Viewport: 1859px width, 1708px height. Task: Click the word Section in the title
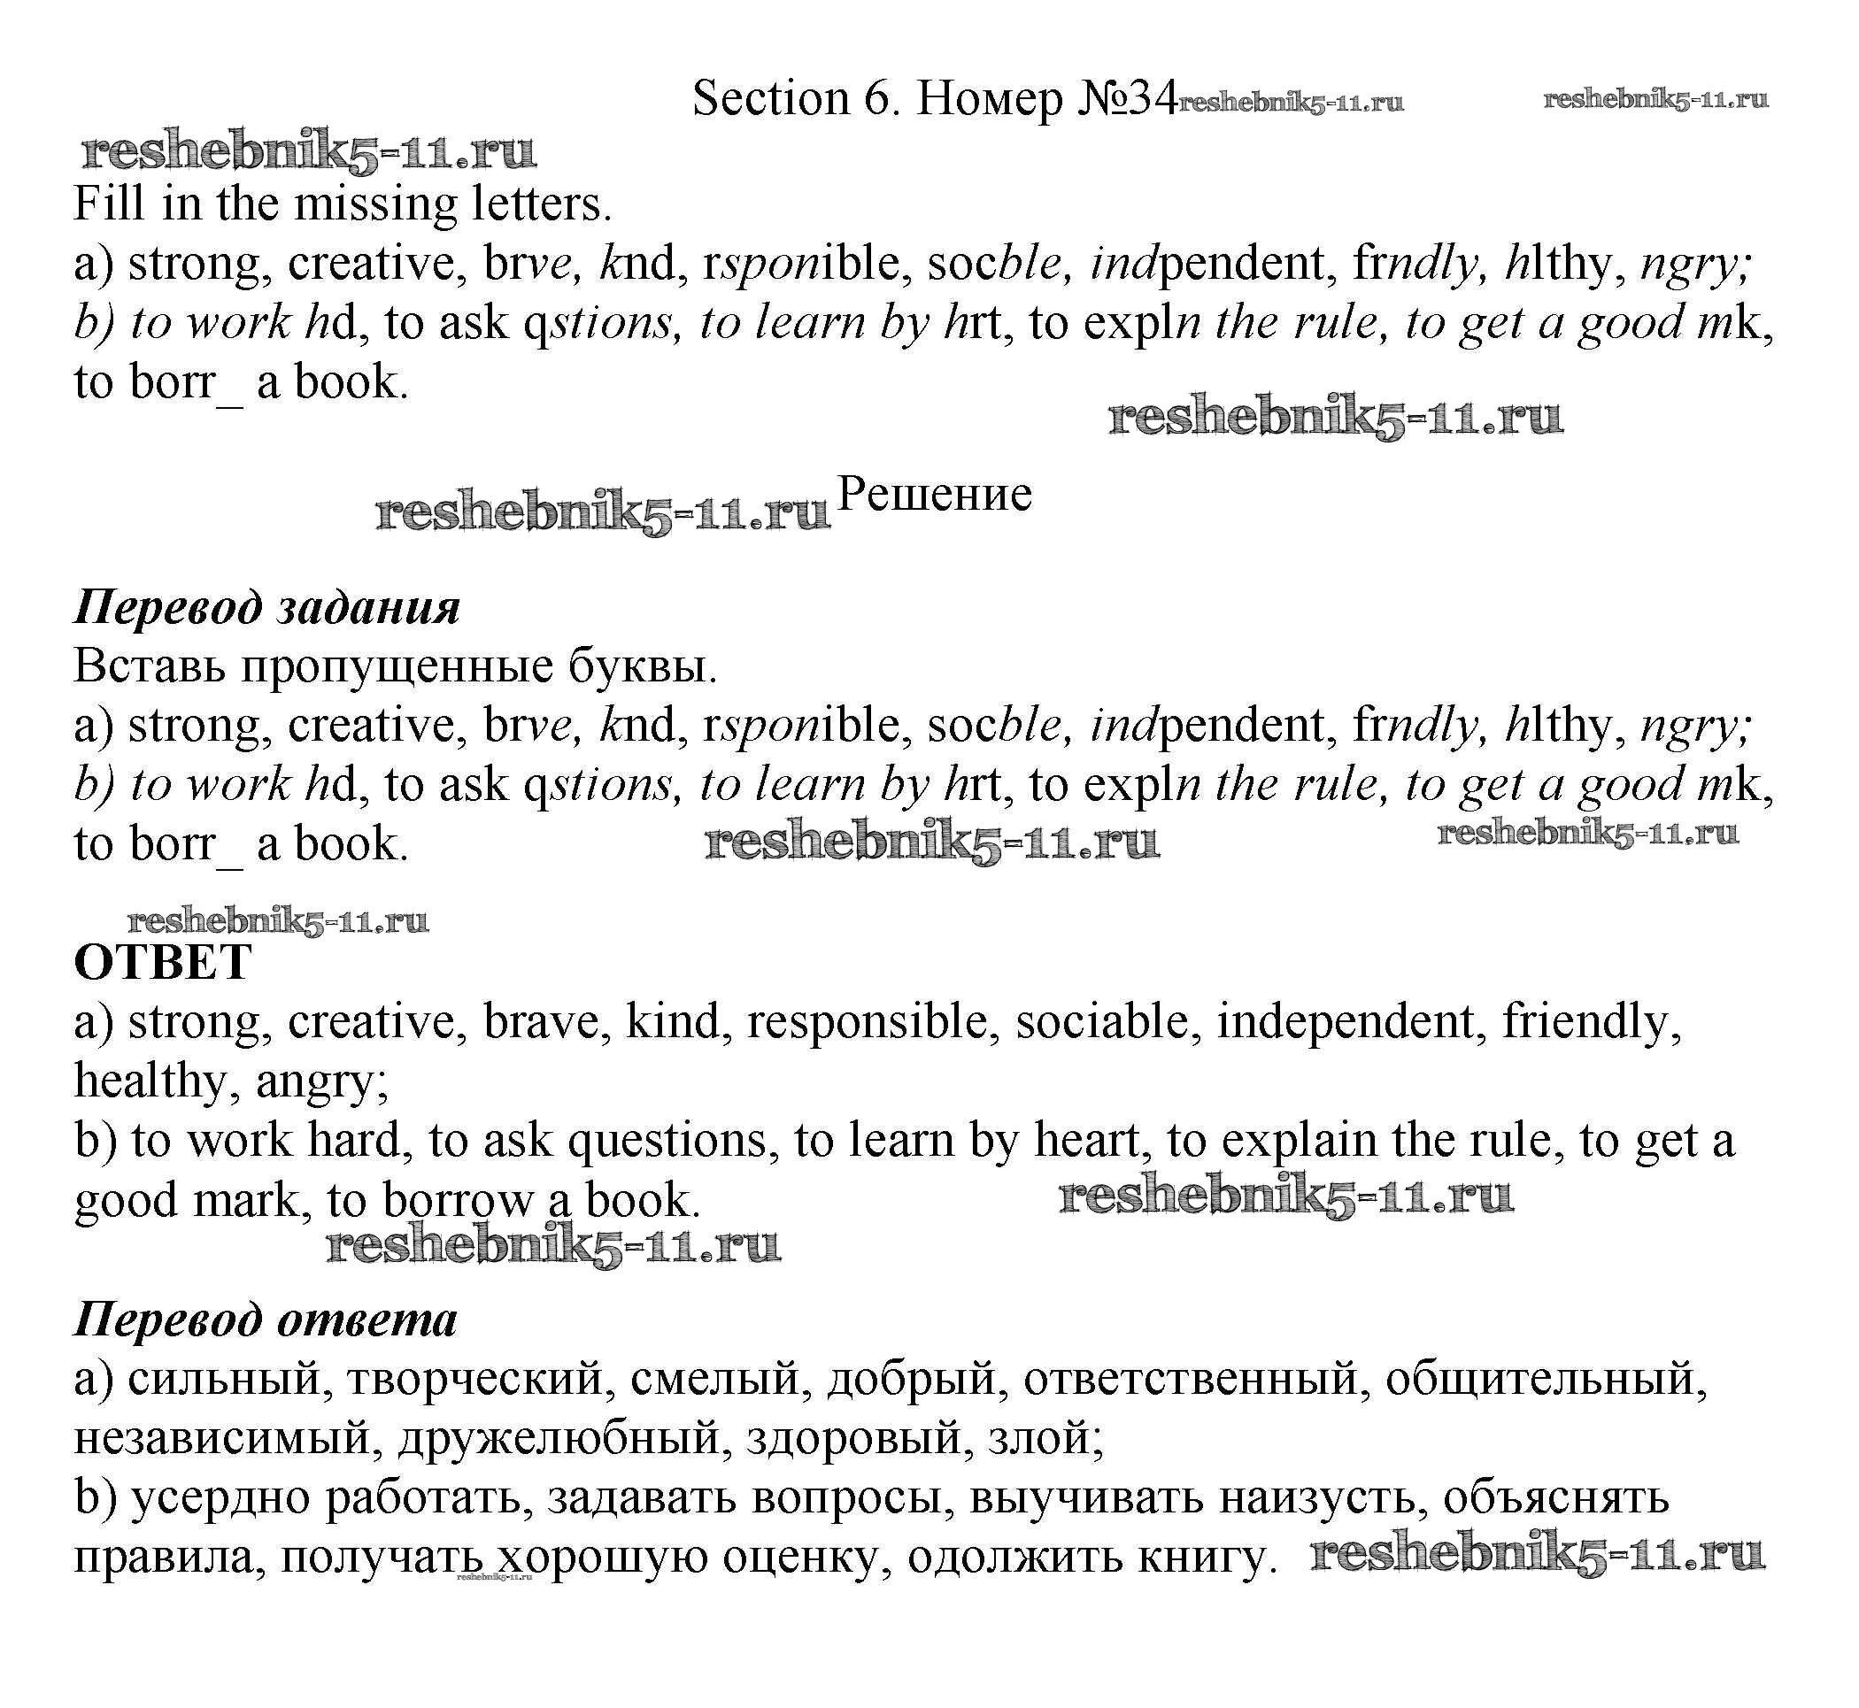point(771,98)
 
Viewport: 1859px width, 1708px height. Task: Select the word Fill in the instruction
point(109,204)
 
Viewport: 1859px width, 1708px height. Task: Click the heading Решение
point(934,494)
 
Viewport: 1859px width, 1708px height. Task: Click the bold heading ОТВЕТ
point(163,962)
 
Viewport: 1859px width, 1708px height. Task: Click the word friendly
point(1590,1021)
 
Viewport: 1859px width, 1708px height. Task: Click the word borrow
point(458,1200)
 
